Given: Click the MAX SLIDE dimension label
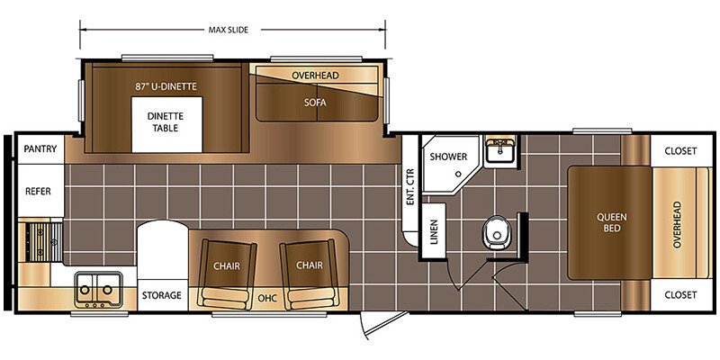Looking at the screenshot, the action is tap(229, 30).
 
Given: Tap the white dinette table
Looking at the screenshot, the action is tap(167, 124).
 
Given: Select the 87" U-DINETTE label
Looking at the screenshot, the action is tap(166, 85).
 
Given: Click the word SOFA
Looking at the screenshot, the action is tap(315, 103).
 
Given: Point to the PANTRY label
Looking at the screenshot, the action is tap(40, 148).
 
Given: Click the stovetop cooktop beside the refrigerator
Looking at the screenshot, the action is tap(40, 241).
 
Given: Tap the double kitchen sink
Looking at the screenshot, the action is tap(98, 289).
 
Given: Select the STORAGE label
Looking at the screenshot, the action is tap(161, 295).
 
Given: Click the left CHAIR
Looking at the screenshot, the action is tap(227, 274).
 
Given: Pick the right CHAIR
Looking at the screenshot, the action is tap(309, 274).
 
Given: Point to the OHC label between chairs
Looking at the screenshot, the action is tap(267, 299).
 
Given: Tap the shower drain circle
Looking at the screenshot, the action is tap(458, 174).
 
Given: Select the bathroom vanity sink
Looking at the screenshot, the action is tap(500, 149).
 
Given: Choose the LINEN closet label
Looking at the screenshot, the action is tap(434, 231).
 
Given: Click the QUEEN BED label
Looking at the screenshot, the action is tap(612, 222).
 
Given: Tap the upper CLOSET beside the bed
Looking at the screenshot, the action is tap(680, 150).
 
